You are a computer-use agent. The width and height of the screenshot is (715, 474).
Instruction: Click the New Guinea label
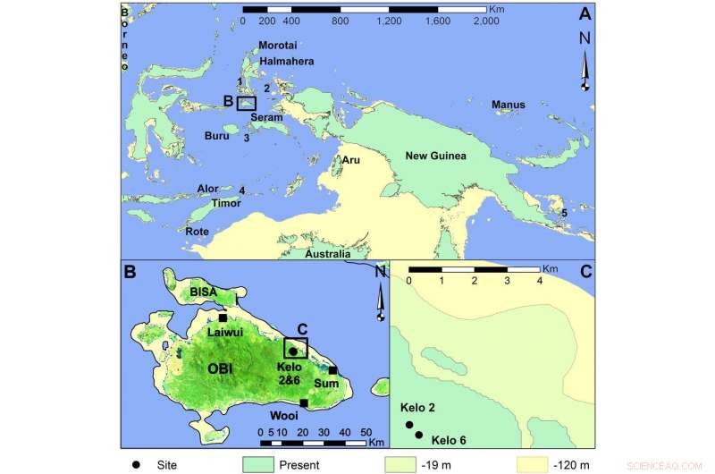coord(436,157)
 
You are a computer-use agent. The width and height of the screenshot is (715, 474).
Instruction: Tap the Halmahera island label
coord(284,62)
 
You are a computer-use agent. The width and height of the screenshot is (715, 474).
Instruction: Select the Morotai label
coord(275,46)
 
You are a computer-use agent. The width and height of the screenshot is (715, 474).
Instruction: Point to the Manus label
coord(508,106)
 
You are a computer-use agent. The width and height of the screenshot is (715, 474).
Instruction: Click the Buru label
coord(217,136)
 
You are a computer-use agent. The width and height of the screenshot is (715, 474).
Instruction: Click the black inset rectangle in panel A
coord(246,103)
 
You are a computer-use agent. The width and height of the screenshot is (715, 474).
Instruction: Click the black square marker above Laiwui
coord(222,317)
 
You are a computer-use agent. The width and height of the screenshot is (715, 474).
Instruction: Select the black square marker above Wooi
coord(304,403)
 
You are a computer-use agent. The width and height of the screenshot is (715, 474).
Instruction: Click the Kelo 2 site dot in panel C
coord(408,425)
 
